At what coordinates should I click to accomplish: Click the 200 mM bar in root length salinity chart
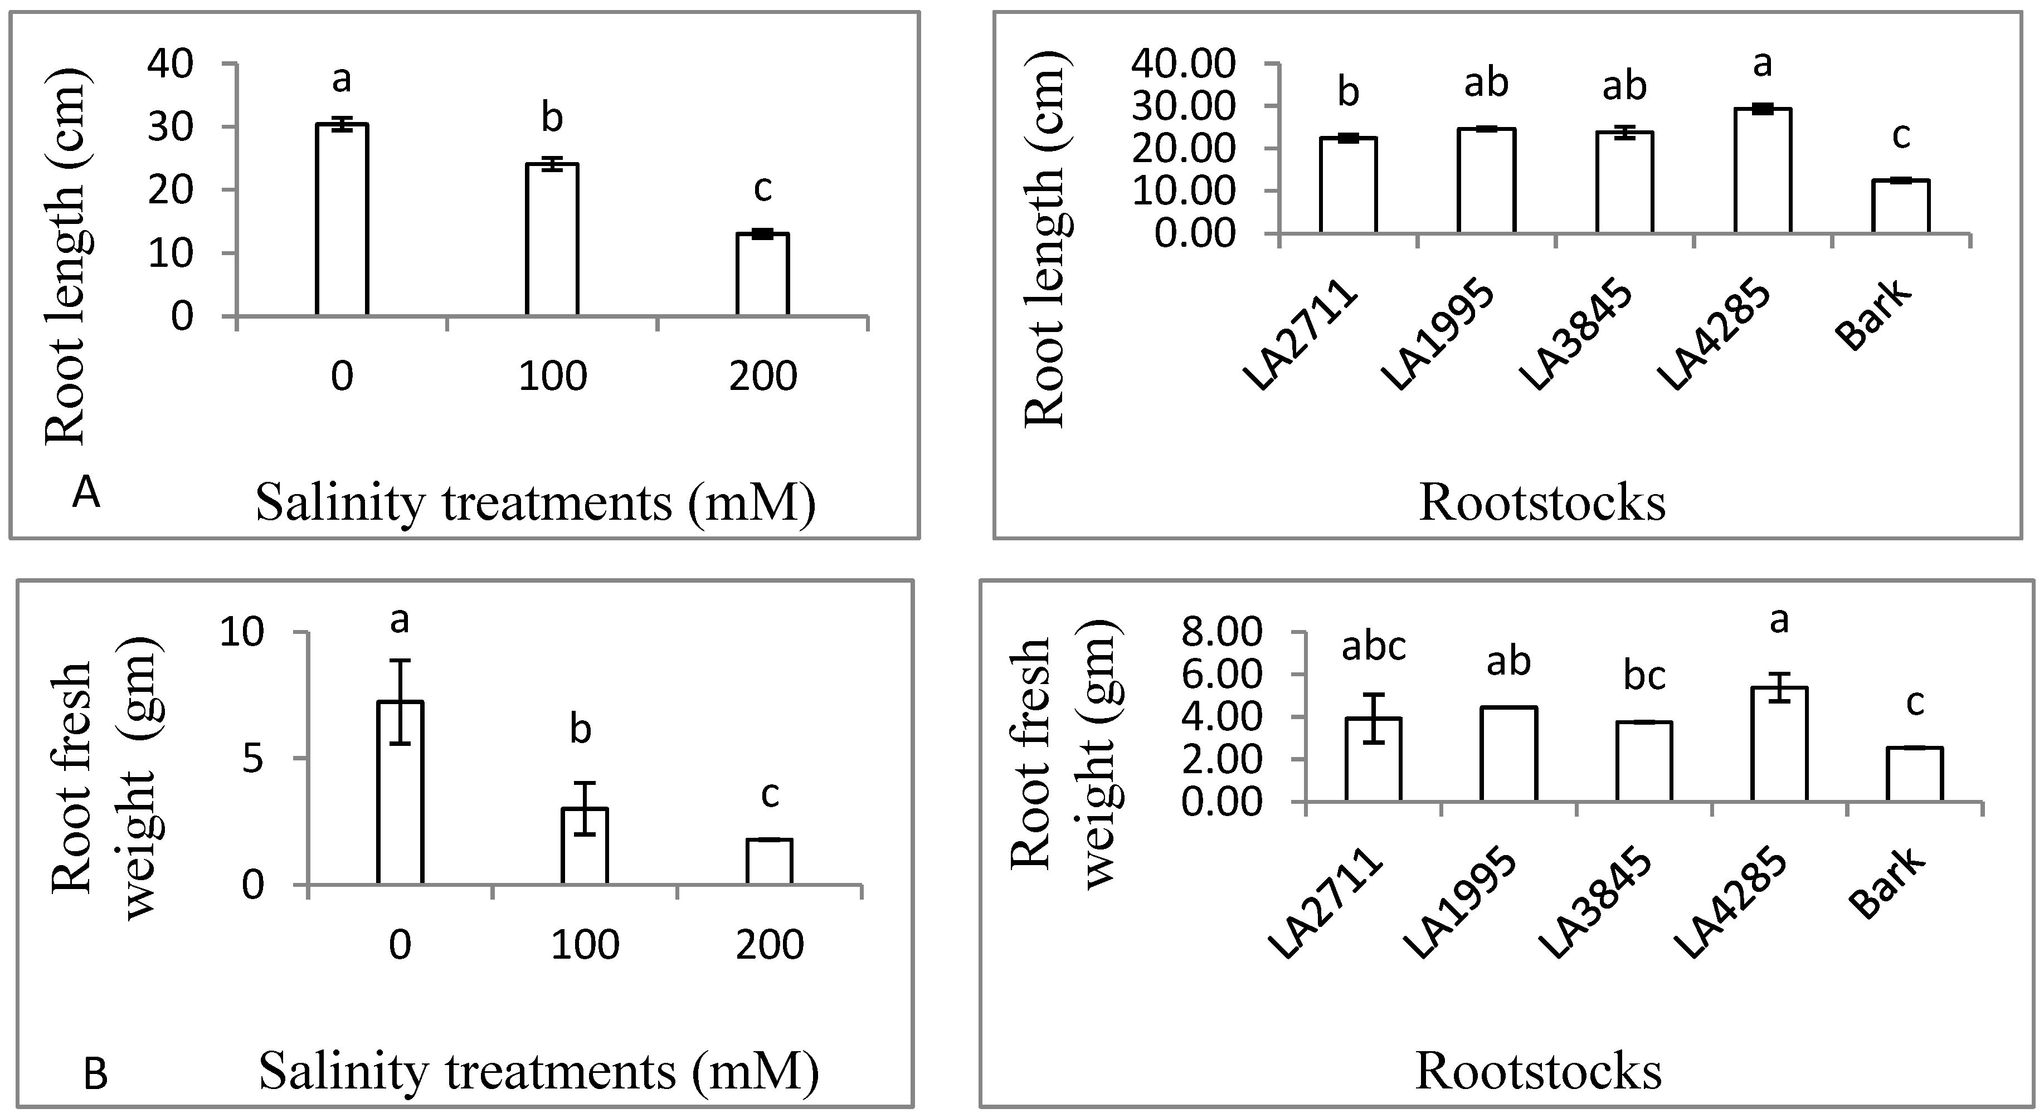762,275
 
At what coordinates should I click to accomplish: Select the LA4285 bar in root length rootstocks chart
1763,170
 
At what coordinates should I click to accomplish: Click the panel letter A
86,494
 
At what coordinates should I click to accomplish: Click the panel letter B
95,1077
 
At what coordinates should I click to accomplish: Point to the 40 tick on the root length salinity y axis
171,64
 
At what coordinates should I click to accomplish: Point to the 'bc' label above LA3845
1644,676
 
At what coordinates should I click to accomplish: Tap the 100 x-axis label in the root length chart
552,376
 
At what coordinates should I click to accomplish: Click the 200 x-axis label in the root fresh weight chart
769,945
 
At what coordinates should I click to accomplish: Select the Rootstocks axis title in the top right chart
1542,503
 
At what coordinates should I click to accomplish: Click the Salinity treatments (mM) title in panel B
539,1071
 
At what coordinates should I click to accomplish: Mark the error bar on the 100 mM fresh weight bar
585,808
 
